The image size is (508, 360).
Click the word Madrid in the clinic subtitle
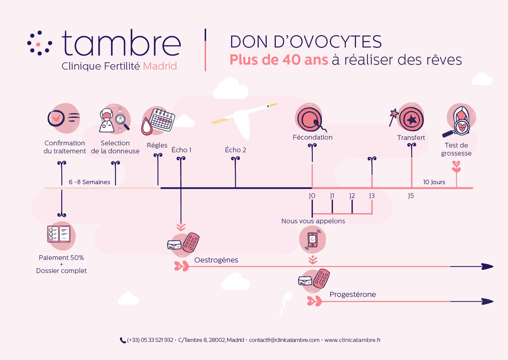pos(160,66)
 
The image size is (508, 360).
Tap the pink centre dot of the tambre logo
pos(38,44)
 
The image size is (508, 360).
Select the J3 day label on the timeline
pos(372,195)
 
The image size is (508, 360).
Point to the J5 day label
pos(411,195)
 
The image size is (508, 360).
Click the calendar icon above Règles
pos(163,120)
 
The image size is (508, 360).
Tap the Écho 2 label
pos(235,150)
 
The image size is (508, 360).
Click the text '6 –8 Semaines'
pos(89,182)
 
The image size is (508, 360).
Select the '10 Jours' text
pos(434,182)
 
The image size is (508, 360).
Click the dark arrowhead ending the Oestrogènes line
pos(488,266)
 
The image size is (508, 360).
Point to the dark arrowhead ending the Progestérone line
pos(488,302)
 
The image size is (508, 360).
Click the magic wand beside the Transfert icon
pos(394,117)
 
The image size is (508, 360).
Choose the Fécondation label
pos(312,137)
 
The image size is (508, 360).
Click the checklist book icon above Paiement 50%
pos(59,234)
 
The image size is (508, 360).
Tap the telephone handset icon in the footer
pos(123,340)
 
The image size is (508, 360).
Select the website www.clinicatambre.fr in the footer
pos(352,340)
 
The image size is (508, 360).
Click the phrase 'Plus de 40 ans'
pos(279,60)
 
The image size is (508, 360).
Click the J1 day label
pos(332,195)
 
